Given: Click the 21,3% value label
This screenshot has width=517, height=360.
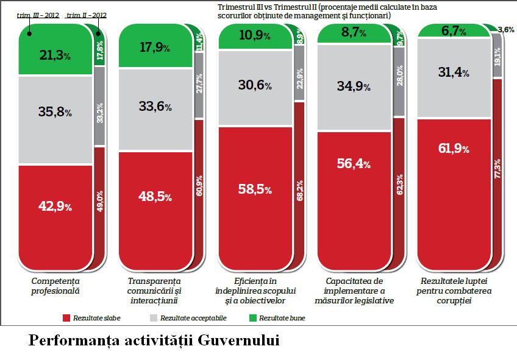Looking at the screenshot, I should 55,56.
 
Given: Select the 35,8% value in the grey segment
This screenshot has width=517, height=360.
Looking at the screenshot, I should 55,112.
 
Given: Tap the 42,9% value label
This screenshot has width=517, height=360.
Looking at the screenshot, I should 55,206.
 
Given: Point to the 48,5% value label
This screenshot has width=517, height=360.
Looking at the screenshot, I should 154,197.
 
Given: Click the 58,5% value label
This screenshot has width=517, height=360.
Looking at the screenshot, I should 254,189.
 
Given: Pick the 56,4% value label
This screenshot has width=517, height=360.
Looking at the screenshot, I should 354,163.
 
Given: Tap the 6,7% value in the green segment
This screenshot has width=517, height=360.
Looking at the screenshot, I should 453,30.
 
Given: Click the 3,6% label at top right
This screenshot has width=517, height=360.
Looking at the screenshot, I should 505,29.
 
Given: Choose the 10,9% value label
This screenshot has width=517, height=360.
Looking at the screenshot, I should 254,36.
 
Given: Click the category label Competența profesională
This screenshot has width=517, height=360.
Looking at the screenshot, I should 55,286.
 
